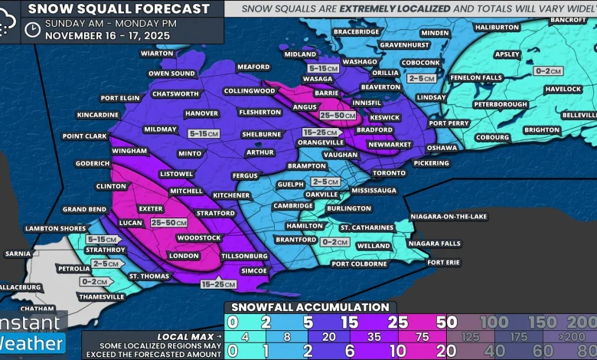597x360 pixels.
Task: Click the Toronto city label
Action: click(389, 173)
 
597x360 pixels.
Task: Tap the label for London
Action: click(183, 256)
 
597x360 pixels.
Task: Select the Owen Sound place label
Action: click(171, 74)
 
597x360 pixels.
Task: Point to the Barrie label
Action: click(327, 93)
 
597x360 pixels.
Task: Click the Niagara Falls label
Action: click(434, 244)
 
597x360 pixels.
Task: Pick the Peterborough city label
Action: click(501, 104)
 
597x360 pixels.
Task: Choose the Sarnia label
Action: click(18, 253)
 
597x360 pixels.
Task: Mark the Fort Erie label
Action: click(444, 263)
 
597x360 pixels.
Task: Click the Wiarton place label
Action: click(157, 54)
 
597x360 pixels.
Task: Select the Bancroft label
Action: click(567, 19)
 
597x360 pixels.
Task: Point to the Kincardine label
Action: click(98, 115)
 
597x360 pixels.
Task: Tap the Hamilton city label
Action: click(305, 226)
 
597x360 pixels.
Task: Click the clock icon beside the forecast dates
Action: click(32, 29)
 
